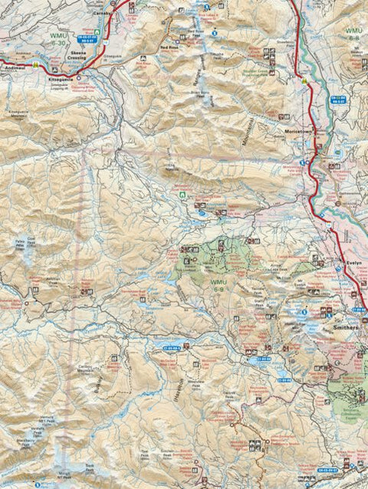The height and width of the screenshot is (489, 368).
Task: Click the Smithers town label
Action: pos(346,327)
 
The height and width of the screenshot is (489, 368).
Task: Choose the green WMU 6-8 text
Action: pos(353,31)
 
